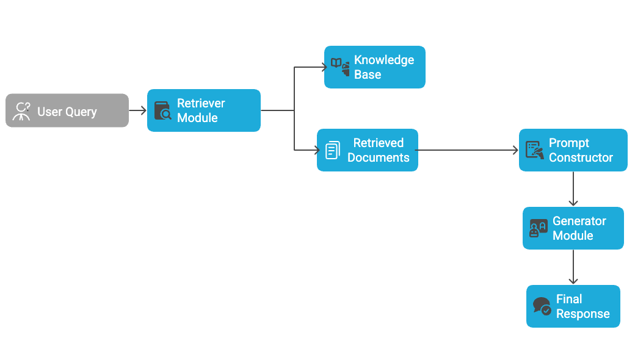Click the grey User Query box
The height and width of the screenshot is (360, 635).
pyautogui.click(x=67, y=110)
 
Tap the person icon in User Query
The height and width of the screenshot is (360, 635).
pyautogui.click(x=23, y=111)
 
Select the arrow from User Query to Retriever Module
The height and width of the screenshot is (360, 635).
pyautogui.click(x=138, y=110)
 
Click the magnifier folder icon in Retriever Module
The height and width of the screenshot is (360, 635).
pyautogui.click(x=162, y=111)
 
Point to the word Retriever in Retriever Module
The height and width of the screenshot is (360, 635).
pyautogui.click(x=201, y=103)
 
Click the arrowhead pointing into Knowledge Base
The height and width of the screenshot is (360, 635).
pyautogui.click(x=325, y=67)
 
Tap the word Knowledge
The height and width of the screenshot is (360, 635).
pyautogui.click(x=384, y=60)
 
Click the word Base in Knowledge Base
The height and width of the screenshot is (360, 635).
pyautogui.click(x=368, y=74)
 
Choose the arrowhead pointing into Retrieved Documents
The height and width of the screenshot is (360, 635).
pyautogui.click(x=317, y=150)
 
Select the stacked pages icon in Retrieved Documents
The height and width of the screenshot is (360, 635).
pyautogui.click(x=332, y=150)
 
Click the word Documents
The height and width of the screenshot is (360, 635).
pyautogui.click(x=379, y=157)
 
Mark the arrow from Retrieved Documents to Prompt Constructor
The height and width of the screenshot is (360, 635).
pyautogui.click(x=467, y=150)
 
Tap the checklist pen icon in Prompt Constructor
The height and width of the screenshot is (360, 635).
pyautogui.click(x=535, y=150)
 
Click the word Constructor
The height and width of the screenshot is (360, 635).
pyautogui.click(x=581, y=157)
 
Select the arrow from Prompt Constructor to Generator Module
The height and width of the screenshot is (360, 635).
pyautogui.click(x=573, y=189)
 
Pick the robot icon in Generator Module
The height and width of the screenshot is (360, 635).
pyautogui.click(x=538, y=228)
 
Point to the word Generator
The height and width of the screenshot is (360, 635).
pyautogui.click(x=579, y=221)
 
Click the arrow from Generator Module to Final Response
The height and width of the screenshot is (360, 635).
pyautogui.click(x=573, y=267)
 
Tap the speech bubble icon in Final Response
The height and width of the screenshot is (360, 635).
pyautogui.click(x=542, y=306)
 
